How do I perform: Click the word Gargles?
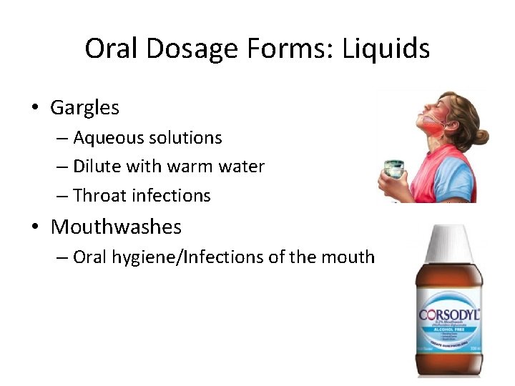[84, 108]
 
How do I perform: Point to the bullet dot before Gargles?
[34, 109]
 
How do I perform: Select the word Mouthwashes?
[116, 227]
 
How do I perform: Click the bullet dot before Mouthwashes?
[34, 228]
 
